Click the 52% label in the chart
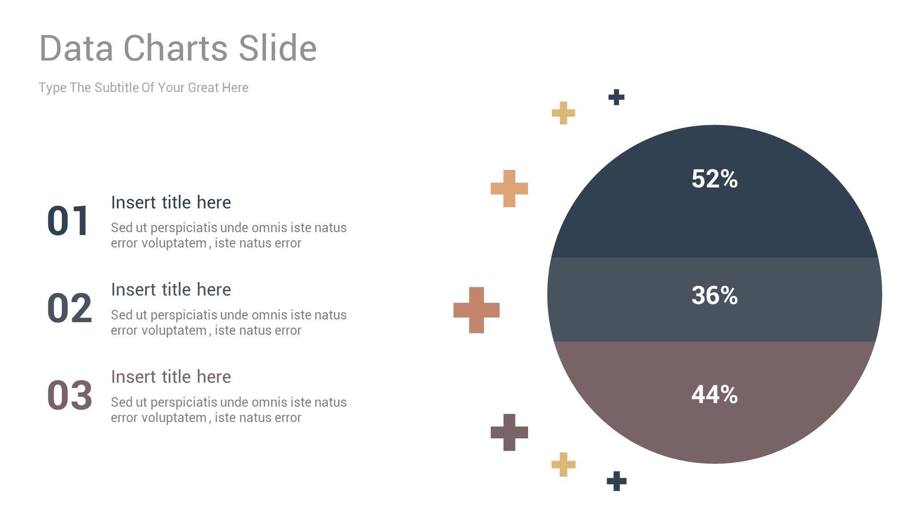coord(714,179)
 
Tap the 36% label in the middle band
coord(714,295)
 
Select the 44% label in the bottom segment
coord(714,395)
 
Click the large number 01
coord(68,221)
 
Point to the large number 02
coord(69,308)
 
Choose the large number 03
coord(69,396)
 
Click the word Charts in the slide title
coord(176,48)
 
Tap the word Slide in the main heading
coord(278,48)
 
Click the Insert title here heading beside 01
coord(171,203)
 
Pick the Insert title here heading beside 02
coord(171,290)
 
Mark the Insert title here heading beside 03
coord(171,377)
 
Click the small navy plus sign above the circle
coord(617,97)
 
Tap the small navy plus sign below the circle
coord(617,481)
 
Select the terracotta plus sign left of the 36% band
coord(476,310)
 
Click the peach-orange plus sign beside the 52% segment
coord(509,188)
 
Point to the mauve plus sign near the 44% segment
coord(509,433)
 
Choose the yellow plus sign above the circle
coord(563,113)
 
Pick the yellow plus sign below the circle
coord(563,464)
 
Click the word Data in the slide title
coord(76,48)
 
